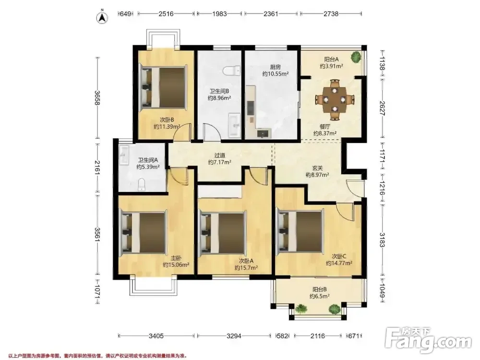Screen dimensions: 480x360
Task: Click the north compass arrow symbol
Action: [103, 17]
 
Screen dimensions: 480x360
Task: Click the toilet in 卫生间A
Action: [142, 185]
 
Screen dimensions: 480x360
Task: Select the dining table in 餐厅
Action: [336, 99]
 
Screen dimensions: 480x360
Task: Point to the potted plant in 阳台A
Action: [356, 57]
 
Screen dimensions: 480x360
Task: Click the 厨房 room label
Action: [275, 67]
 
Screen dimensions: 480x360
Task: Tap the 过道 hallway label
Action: [220, 156]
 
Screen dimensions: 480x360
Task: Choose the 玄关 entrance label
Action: [317, 168]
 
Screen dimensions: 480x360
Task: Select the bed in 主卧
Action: [144, 232]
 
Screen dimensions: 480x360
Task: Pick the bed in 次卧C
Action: [300, 232]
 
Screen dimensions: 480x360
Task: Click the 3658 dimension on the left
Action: [97, 97]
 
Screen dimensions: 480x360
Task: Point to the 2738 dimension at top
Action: [330, 13]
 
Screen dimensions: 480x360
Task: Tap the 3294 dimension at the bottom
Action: [234, 336]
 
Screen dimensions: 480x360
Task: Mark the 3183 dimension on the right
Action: [383, 239]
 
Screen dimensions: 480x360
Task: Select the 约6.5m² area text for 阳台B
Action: [319, 296]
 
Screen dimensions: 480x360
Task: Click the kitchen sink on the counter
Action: [264, 133]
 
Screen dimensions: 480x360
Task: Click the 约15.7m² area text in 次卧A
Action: [246, 267]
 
